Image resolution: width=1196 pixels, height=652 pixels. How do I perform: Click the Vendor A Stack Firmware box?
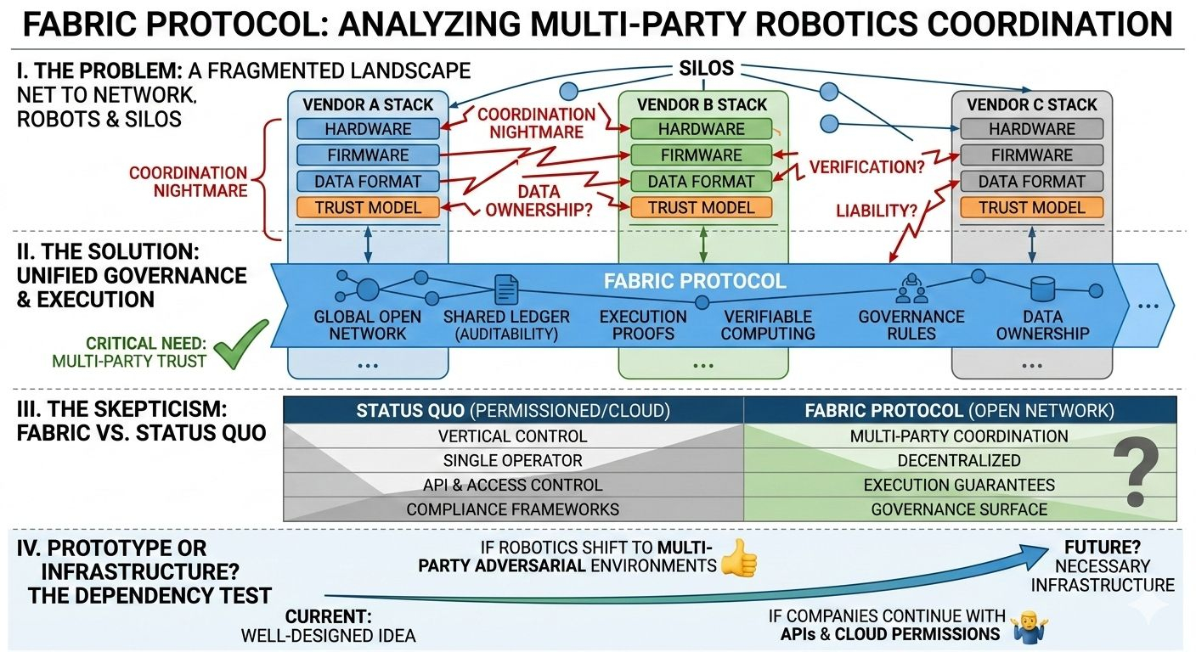click(x=368, y=155)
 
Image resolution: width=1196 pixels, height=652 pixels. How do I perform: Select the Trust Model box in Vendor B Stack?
click(x=701, y=207)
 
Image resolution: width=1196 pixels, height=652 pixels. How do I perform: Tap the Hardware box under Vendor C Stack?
click(x=1032, y=129)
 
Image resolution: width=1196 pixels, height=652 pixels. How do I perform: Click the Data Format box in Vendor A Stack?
click(x=368, y=181)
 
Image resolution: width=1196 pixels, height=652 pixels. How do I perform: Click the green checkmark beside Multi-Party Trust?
click(x=240, y=346)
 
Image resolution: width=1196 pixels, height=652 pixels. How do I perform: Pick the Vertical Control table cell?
click(x=513, y=436)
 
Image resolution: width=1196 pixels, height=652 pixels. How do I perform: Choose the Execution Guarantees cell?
click(x=959, y=485)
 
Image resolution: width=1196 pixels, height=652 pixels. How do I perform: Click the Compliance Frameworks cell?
click(x=513, y=509)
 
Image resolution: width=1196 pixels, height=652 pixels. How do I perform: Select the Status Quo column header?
click(x=513, y=411)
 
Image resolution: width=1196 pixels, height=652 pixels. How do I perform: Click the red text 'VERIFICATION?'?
click(x=866, y=167)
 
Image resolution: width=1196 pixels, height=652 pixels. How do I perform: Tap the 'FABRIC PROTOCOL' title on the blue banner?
click(x=695, y=281)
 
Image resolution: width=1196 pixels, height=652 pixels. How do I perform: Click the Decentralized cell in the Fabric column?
click(x=959, y=460)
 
